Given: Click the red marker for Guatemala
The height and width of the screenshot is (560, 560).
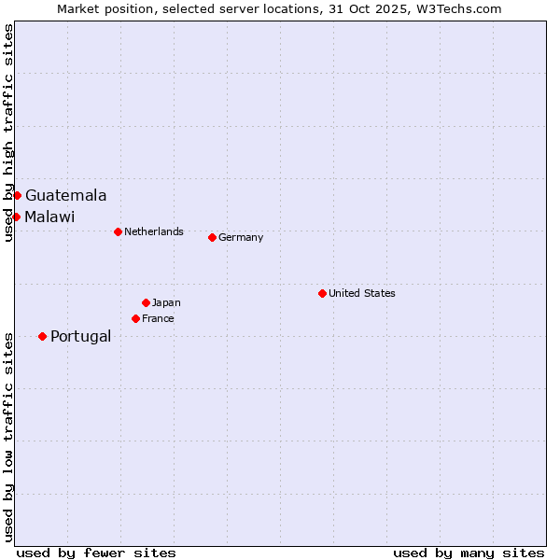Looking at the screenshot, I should point(17,195).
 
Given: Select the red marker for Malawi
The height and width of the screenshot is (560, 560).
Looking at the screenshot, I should point(16,217).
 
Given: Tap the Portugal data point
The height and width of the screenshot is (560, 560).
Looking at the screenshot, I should point(42,336).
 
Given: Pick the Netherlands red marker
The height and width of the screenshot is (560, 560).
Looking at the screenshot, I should point(118,231).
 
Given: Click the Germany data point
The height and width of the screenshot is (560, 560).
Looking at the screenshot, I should point(212,237).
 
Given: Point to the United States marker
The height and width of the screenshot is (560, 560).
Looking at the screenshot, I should point(322,293).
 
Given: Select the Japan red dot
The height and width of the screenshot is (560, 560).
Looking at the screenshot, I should point(146,302).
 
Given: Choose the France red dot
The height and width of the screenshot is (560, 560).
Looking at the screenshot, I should point(135,318).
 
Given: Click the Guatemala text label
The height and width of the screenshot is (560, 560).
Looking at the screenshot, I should point(65,196).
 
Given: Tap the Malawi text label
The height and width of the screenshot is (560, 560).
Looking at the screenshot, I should point(49,217).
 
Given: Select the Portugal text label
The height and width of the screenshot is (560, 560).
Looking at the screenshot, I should point(80,337).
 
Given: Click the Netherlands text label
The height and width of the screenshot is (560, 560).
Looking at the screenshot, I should point(153,232).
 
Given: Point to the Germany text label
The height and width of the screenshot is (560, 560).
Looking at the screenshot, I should point(241,238).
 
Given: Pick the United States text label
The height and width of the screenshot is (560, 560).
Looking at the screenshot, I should point(361,294).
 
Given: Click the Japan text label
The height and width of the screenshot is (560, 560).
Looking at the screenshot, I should point(166,303).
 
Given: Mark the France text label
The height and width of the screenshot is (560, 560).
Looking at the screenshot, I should point(158,319).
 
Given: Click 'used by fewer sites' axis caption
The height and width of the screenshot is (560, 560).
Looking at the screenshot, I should point(96,553).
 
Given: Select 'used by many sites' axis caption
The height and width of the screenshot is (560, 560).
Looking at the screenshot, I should point(469,553).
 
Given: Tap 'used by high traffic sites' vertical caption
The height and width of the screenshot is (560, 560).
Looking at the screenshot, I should point(8,133).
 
